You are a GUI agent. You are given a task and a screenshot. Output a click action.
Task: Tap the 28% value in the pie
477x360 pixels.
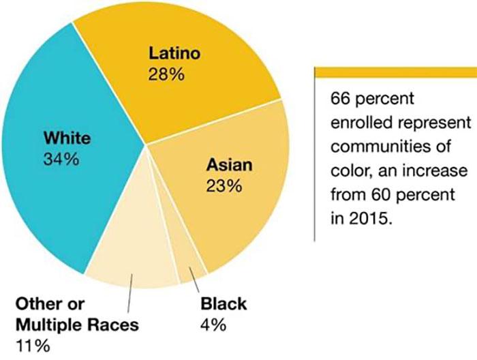[x=166, y=74]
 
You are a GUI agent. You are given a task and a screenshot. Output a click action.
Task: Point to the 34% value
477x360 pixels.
[x=63, y=160]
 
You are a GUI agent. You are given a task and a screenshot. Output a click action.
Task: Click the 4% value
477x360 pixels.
[x=213, y=325]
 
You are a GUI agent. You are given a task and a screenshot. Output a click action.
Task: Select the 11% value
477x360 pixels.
[x=32, y=345]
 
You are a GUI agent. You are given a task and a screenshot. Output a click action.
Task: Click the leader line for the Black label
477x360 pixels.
[x=197, y=281]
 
